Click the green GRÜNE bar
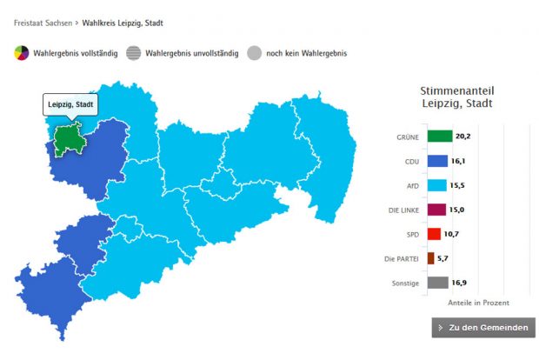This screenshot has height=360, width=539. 440,137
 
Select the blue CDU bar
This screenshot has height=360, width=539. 437,161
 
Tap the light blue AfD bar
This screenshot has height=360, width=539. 436,185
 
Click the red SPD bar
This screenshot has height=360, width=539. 434,234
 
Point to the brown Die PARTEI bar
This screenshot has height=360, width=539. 430,258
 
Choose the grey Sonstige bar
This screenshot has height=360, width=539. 437,283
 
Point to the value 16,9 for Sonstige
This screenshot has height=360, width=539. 458,283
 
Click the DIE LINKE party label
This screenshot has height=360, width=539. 404,210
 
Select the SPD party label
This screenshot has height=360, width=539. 412,234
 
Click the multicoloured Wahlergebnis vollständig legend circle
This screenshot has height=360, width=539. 22,53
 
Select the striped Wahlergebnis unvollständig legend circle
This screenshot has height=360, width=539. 132,53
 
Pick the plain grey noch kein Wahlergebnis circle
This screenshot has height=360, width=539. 254,53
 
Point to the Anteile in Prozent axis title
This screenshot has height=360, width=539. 478,303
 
